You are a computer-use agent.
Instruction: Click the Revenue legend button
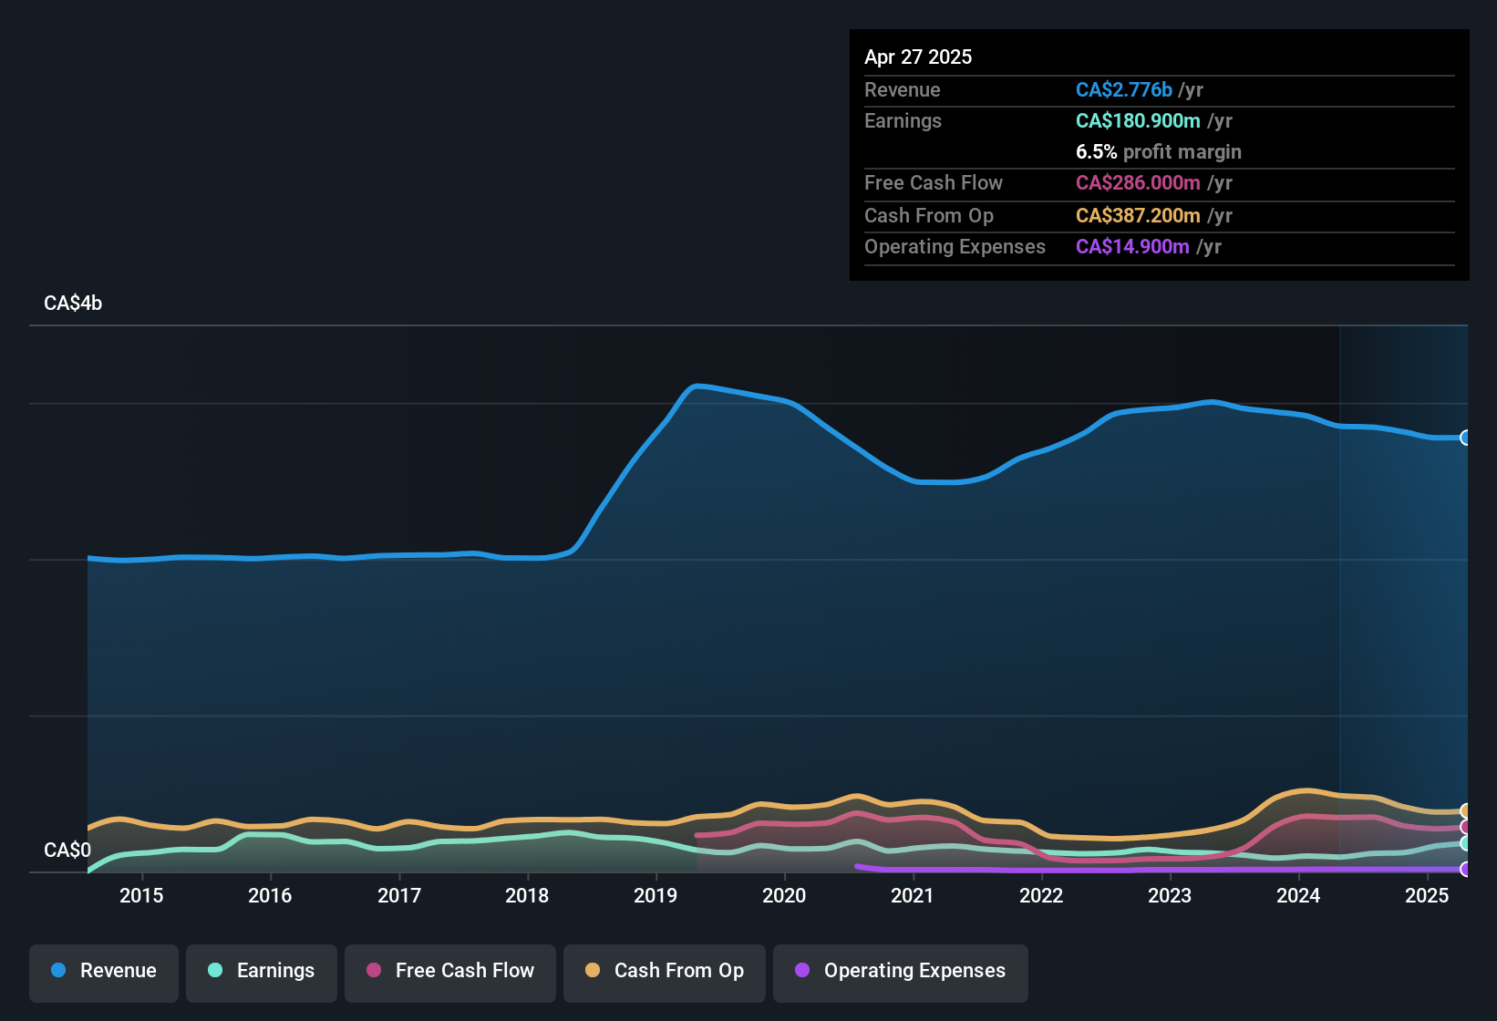[104, 971]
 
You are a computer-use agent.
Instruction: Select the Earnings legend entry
[262, 971]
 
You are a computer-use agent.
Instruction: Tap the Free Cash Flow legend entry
[450, 971]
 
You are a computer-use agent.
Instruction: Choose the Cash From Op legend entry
[665, 971]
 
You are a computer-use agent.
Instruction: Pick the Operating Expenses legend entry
[901, 971]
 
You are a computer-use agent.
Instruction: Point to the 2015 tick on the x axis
[141, 895]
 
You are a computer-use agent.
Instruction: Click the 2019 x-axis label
[656, 895]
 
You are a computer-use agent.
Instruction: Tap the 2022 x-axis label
[1041, 895]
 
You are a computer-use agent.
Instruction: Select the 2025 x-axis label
[1427, 895]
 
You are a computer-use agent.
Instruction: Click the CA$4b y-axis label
[73, 304]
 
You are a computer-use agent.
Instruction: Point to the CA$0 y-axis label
[67, 851]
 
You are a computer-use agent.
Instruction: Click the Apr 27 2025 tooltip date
[918, 57]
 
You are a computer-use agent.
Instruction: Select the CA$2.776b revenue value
[1123, 89]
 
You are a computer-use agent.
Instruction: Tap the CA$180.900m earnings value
[1137, 120]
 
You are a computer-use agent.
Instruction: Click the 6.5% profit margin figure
[1096, 152]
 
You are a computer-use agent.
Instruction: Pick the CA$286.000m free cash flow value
[1137, 182]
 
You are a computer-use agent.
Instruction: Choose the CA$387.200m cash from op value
[1137, 215]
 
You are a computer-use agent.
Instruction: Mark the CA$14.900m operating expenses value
[1131, 246]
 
